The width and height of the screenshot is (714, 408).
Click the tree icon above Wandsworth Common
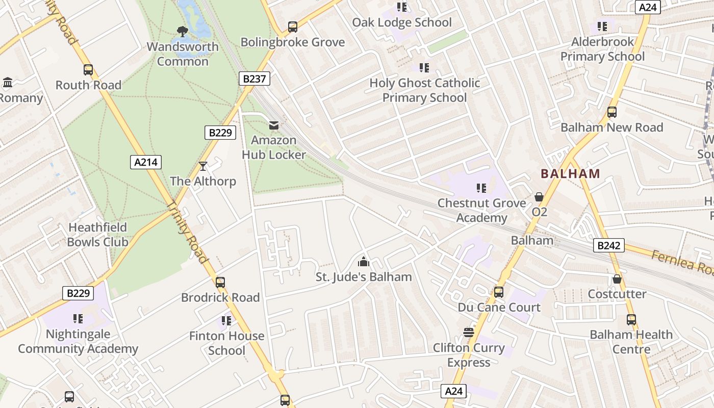click(182, 32)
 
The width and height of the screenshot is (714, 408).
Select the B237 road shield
click(254, 79)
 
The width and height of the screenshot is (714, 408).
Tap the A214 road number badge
click(146, 162)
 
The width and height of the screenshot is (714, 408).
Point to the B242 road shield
click(609, 245)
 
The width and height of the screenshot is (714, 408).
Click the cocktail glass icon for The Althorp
click(203, 166)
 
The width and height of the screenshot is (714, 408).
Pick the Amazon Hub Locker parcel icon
click(274, 125)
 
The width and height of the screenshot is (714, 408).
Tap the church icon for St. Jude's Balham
click(363, 262)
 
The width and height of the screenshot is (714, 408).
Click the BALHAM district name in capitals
click(570, 173)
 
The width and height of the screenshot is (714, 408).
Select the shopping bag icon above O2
click(539, 197)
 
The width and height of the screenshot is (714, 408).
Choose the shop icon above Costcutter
click(617, 279)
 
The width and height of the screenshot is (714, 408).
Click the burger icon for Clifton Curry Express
click(469, 333)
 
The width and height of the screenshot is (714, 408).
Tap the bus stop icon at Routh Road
click(88, 70)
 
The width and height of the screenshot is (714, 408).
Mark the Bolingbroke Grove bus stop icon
click(292, 27)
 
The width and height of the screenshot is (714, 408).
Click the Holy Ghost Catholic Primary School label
click(424, 90)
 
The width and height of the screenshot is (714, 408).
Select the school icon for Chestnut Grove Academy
click(481, 188)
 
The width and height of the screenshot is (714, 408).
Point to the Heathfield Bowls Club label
click(97, 235)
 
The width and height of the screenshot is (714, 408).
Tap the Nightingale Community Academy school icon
click(78, 319)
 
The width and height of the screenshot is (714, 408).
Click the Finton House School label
click(226, 343)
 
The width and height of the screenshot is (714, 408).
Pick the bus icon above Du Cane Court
click(499, 292)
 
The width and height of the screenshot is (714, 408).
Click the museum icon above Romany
click(8, 83)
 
